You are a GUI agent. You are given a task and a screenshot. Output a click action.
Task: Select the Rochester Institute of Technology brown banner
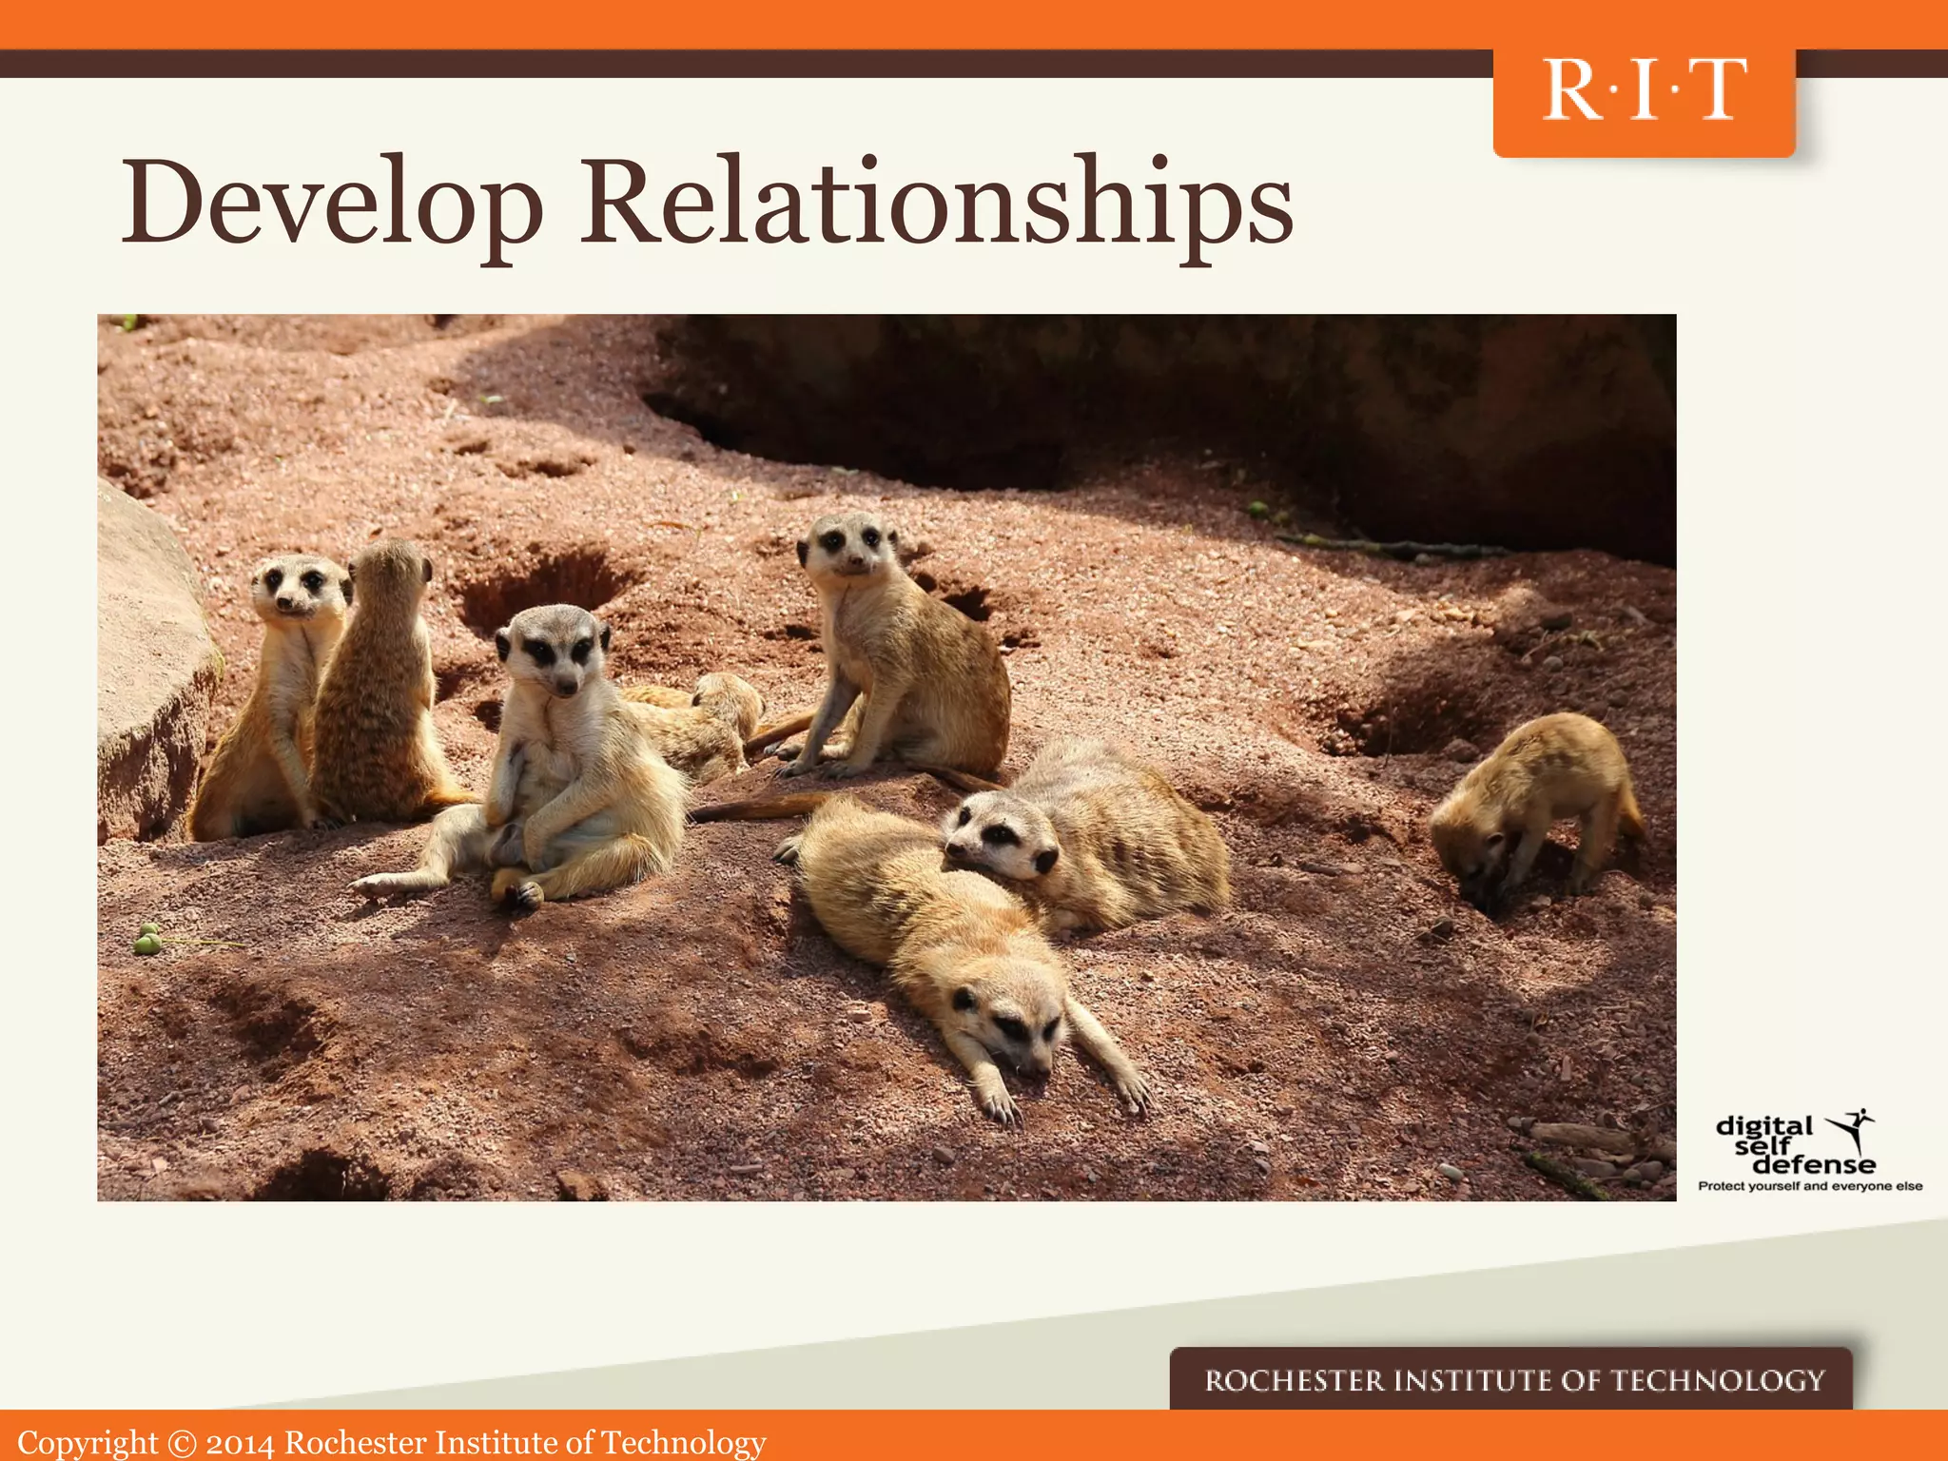click(x=1512, y=1379)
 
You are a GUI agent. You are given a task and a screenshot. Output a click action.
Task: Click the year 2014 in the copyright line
click(x=240, y=1443)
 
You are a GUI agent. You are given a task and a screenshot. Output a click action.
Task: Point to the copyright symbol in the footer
click(x=182, y=1443)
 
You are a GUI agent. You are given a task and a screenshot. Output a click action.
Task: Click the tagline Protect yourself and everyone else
click(x=1810, y=1186)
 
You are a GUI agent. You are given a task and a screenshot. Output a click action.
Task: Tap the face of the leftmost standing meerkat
click(x=297, y=585)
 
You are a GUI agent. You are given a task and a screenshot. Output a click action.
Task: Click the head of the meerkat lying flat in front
click(x=1008, y=1023)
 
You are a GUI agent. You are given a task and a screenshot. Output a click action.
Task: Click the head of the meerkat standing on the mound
click(x=847, y=544)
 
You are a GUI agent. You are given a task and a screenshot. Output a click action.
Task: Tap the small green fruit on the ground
click(x=146, y=941)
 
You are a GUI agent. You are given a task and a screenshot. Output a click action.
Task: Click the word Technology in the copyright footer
click(x=683, y=1443)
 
